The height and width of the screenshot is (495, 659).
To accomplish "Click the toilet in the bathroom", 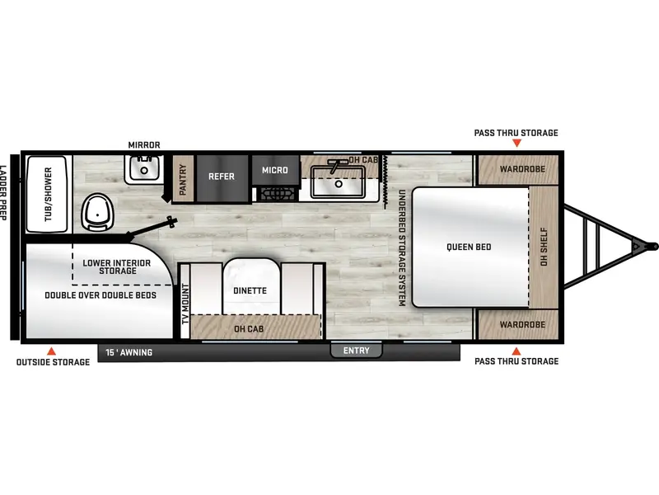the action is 97,212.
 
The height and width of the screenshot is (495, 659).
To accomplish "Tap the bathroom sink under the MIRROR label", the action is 143,169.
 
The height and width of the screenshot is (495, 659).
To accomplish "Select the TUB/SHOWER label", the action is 49,194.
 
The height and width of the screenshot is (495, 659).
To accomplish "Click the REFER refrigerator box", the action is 222,178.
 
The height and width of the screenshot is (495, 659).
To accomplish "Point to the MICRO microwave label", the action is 275,170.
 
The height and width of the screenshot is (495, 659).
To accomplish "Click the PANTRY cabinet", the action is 183,178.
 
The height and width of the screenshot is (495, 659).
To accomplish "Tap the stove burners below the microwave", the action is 277,194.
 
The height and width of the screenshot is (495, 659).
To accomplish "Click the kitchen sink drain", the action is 339,184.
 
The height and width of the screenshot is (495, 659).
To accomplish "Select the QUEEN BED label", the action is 469,247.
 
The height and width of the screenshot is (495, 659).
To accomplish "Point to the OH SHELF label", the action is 544,247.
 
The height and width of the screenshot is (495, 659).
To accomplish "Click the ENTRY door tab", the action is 356,351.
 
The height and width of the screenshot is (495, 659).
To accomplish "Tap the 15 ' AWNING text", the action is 129,352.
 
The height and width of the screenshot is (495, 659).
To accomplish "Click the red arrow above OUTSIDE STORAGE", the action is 51,351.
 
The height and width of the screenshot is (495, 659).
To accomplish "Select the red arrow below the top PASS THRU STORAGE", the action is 516,143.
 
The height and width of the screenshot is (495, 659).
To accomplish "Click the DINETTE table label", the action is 250,291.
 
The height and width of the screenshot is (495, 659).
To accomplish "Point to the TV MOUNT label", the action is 185,304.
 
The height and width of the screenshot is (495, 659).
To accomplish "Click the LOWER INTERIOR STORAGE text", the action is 117,266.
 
